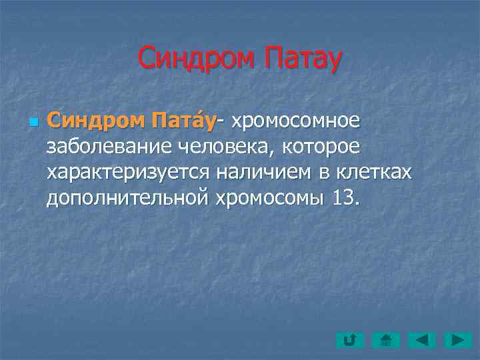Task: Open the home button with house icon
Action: (x=385, y=341)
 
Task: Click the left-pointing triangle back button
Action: (x=421, y=341)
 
